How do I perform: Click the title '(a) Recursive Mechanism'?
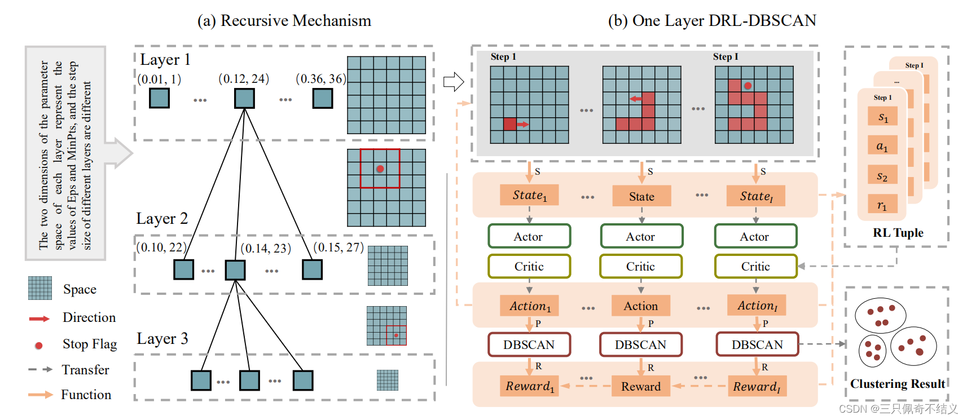click(284, 21)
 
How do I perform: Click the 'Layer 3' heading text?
click(162, 339)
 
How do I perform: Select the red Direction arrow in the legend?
click(39, 319)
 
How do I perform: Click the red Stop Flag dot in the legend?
click(38, 345)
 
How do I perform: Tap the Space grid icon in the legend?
click(40, 288)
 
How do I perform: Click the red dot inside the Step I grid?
click(748, 86)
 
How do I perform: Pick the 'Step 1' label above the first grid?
click(503, 57)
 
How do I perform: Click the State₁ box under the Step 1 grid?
click(530, 195)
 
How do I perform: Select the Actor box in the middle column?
click(641, 236)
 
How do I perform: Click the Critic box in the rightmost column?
click(755, 266)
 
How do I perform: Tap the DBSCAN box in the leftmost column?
click(529, 344)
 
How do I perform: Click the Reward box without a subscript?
click(641, 386)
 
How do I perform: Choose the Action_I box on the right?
click(757, 306)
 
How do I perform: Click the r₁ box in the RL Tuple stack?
click(882, 206)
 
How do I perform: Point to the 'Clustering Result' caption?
click(898, 384)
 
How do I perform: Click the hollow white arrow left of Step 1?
click(453, 82)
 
